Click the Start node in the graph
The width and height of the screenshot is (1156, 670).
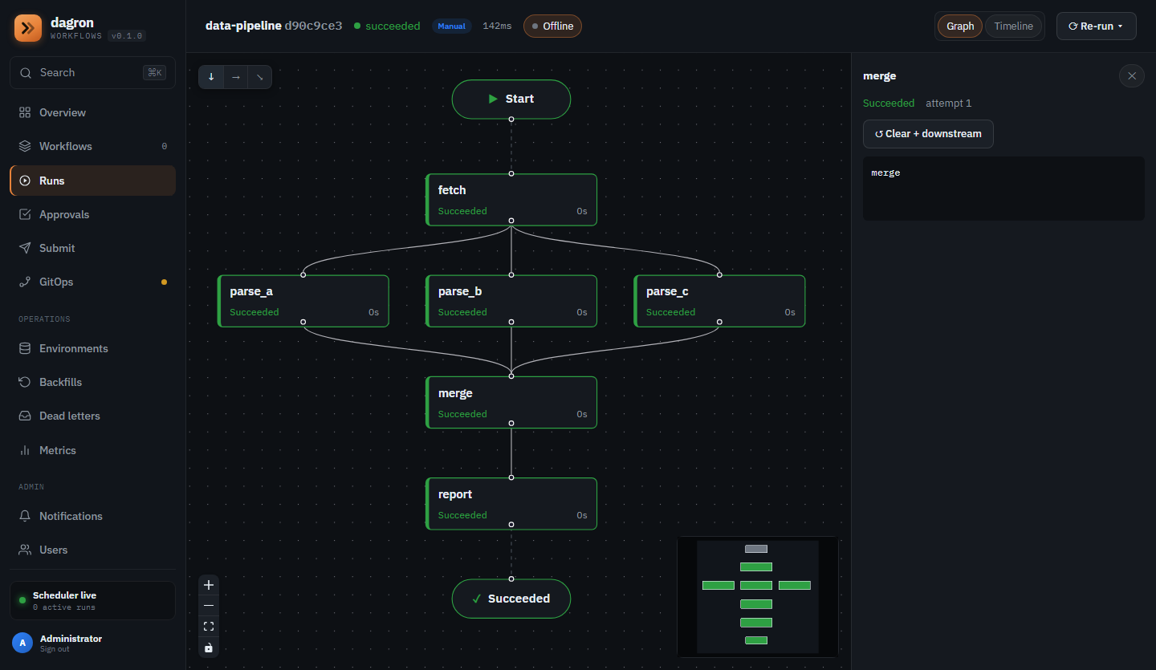511,99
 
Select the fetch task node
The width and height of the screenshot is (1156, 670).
511,200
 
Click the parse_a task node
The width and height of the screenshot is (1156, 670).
303,301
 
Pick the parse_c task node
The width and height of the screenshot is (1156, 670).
719,301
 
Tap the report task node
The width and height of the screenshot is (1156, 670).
511,503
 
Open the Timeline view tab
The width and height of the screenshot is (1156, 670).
1014,26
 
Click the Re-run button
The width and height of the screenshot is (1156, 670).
1096,26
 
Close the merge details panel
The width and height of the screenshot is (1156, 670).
1132,76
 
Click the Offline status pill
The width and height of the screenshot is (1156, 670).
552,26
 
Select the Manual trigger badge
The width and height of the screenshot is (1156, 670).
451,26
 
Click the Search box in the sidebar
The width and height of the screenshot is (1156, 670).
92,73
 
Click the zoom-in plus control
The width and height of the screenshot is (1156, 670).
209,585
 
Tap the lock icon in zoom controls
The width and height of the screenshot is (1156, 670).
209,648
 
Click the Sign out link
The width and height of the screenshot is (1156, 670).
55,649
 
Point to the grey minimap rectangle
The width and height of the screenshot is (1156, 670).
756,549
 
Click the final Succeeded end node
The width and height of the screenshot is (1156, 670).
511,599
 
